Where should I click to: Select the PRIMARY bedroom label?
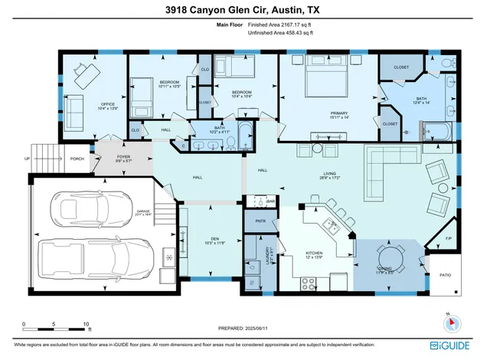(338, 114)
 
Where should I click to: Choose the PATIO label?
(446, 274)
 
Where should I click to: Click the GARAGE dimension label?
(144, 212)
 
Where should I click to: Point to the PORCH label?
(77, 159)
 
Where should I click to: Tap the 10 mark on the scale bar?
(86, 325)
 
